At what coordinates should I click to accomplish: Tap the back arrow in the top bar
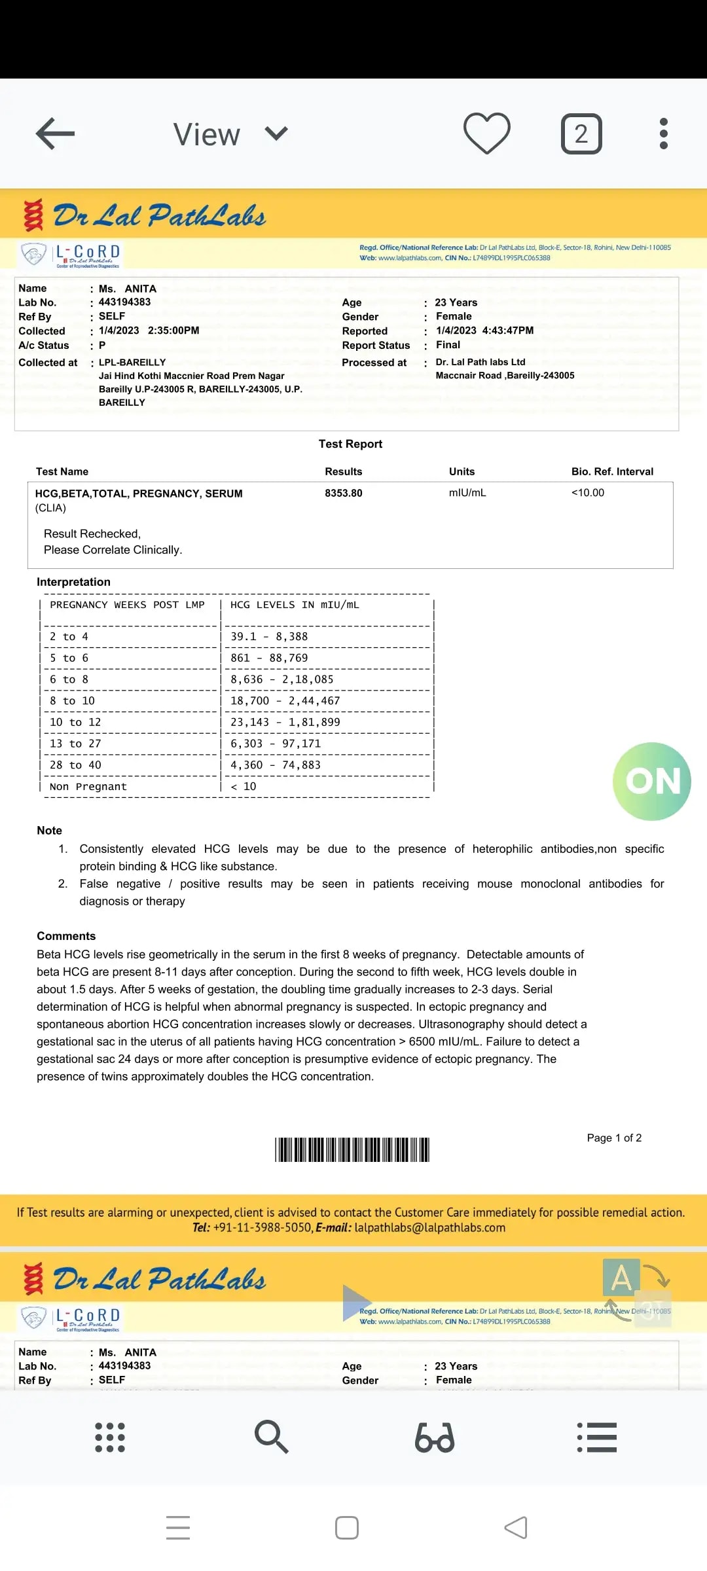[55, 134]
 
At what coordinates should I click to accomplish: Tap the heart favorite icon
[486, 134]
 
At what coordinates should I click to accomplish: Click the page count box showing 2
[581, 134]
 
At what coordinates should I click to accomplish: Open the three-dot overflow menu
[663, 134]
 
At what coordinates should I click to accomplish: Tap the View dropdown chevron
[276, 134]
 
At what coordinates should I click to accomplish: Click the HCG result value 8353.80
[344, 493]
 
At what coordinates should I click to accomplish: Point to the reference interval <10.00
[588, 492]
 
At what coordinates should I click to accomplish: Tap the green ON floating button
[652, 781]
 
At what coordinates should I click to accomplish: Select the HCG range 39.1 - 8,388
[269, 636]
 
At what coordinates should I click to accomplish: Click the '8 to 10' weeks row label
[72, 700]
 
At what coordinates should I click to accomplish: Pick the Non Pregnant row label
[88, 786]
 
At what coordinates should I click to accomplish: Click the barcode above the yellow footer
[352, 1149]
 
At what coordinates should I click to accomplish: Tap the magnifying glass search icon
[271, 1437]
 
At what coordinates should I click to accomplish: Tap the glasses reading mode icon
[435, 1437]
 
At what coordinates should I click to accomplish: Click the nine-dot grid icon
[110, 1437]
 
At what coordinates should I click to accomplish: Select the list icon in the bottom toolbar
[597, 1437]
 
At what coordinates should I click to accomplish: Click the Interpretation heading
[73, 582]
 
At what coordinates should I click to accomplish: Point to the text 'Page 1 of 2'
[614, 1138]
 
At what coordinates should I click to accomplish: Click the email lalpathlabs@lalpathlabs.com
[429, 1227]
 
